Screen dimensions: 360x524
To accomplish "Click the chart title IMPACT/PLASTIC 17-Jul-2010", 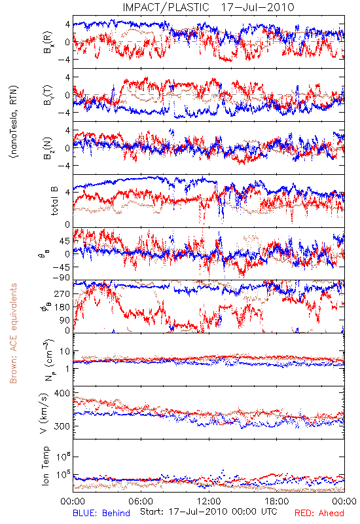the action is click(x=208, y=7).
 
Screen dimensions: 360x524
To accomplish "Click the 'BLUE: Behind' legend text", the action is click(x=101, y=513).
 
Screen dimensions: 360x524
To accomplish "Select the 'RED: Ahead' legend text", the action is click(x=319, y=513).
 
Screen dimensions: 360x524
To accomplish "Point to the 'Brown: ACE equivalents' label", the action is click(x=13, y=333).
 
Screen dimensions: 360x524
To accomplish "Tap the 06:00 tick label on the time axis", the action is click(x=141, y=501).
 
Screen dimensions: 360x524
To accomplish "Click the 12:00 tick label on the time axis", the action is click(x=209, y=501).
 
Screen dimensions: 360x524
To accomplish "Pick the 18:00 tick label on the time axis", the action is click(x=277, y=501).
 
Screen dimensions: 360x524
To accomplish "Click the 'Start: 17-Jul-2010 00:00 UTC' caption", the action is click(x=208, y=512).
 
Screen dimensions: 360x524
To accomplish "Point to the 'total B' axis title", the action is click(x=54, y=200).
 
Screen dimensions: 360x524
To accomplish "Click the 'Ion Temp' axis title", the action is click(x=45, y=466).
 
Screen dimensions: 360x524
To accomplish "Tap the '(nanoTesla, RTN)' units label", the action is click(x=14, y=121).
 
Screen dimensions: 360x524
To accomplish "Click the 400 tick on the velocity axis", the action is click(x=62, y=394).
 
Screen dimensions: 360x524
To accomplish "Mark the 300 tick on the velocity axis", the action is click(x=62, y=426).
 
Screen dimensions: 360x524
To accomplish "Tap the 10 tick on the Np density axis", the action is click(x=65, y=351).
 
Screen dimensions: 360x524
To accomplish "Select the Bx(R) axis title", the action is click(x=48, y=42).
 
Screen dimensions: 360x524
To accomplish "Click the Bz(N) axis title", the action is click(x=48, y=148).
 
